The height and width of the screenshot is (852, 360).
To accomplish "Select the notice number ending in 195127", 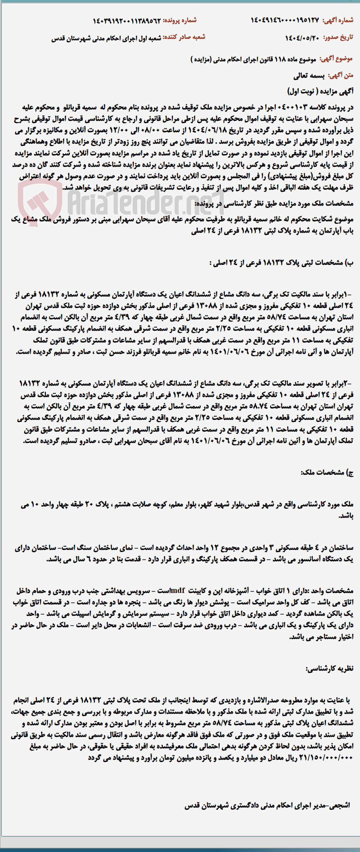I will [285, 20].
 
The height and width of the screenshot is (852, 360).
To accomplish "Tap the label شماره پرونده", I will [180, 20].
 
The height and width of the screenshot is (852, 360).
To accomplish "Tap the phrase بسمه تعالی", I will [309, 76].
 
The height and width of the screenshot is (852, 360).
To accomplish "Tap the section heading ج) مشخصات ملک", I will [327, 473].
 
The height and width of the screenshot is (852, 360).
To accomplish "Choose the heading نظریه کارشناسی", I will [329, 668].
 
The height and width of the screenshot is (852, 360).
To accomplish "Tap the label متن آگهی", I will [340, 76].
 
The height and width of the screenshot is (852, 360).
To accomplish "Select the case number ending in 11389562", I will [127, 20].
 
